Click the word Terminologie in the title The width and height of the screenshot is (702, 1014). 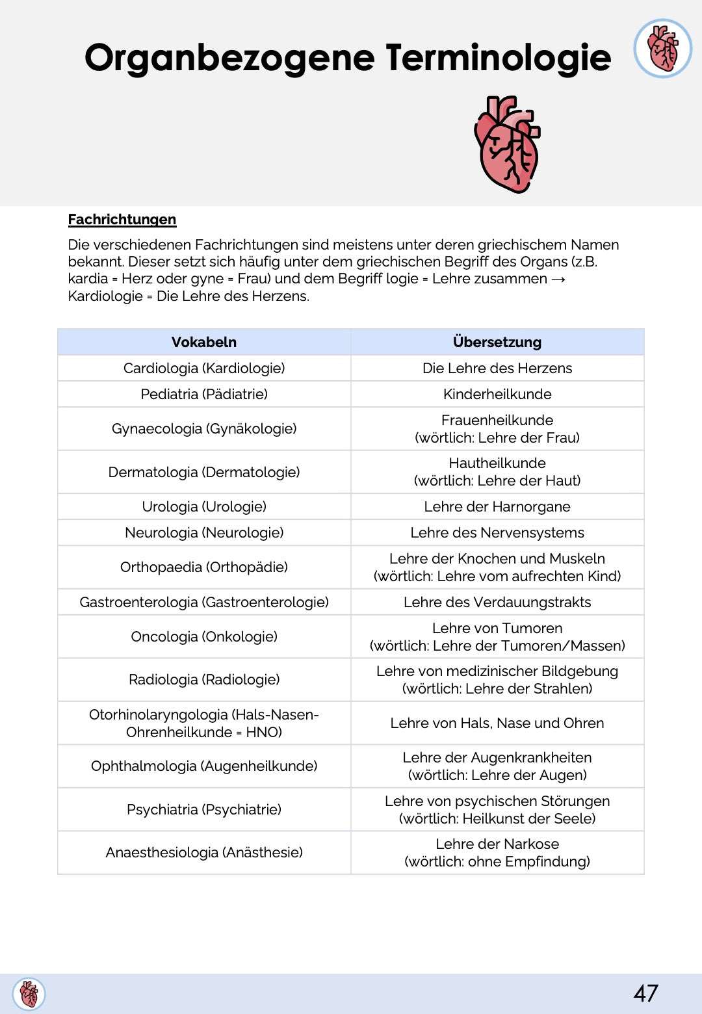click(498, 57)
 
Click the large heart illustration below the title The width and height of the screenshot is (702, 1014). click(507, 144)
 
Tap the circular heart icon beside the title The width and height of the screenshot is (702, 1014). click(662, 48)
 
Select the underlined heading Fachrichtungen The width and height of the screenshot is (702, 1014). click(122, 220)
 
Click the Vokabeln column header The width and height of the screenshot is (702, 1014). click(204, 342)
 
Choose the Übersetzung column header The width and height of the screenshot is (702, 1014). click(497, 342)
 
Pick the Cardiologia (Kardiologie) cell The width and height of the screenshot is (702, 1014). click(204, 368)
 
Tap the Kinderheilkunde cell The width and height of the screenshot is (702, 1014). click(497, 394)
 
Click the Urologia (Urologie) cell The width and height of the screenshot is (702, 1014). click(204, 506)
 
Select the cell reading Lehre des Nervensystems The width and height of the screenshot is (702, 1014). click(497, 532)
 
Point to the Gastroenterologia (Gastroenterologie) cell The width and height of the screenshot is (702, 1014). click(204, 602)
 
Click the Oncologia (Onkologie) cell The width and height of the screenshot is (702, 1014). click(204, 636)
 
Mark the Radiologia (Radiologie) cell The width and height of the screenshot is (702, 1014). click(204, 679)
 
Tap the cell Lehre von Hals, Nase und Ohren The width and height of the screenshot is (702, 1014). click(497, 723)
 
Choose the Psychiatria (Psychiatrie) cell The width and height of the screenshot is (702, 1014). click(204, 809)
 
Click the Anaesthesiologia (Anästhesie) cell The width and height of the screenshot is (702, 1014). click(204, 852)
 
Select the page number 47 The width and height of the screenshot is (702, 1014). click(645, 993)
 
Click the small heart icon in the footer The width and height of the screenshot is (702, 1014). click(29, 994)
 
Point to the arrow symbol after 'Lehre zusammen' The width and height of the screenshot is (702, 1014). click(558, 279)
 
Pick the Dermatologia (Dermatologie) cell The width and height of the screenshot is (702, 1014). click(204, 472)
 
